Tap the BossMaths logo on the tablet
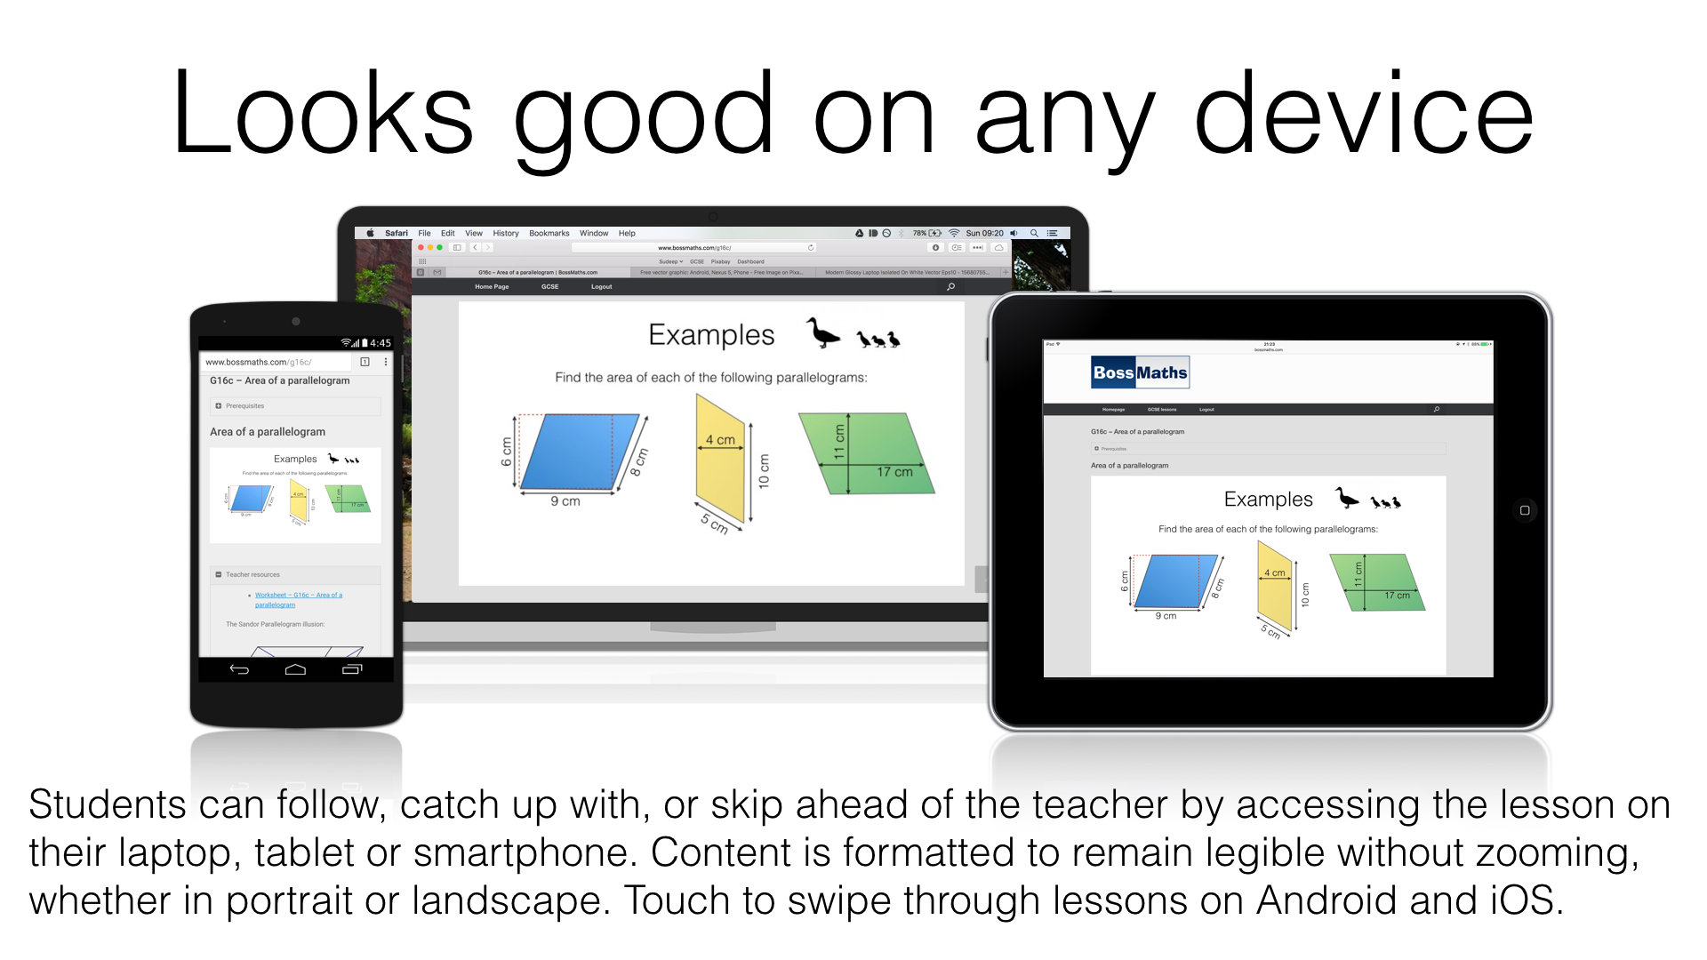click(1140, 373)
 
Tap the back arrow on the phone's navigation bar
click(239, 669)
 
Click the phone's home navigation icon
click(295, 669)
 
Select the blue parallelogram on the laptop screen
click(578, 452)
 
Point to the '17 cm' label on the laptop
click(894, 472)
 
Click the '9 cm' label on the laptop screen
click(565, 501)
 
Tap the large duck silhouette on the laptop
click(822, 334)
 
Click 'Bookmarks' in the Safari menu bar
click(549, 234)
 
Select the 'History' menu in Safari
click(506, 234)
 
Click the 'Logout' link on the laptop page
click(601, 287)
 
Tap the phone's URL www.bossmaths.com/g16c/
click(258, 362)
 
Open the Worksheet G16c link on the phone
click(298, 596)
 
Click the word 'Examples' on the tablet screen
click(1268, 500)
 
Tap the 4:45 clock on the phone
click(381, 343)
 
